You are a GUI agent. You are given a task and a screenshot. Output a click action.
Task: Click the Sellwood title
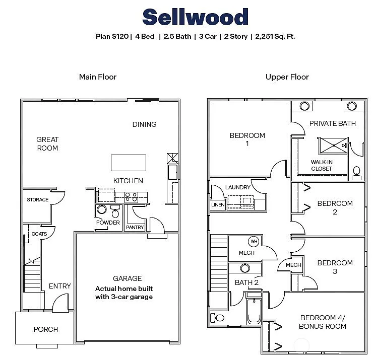tap(196, 17)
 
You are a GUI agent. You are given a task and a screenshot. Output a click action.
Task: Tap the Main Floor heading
tap(98, 77)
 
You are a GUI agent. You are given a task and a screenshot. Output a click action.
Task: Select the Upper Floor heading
tap(287, 77)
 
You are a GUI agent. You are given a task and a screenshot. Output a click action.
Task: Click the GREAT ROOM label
tap(47, 143)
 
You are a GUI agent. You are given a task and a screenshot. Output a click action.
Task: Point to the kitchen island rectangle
tap(129, 163)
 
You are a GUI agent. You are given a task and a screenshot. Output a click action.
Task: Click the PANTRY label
tap(135, 228)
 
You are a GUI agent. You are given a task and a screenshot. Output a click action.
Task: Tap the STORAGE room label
tap(38, 200)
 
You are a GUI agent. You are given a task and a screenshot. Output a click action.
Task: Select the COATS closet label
tap(39, 234)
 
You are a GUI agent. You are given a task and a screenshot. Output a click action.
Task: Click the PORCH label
tap(46, 329)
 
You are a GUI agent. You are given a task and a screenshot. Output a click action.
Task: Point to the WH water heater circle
tap(254, 241)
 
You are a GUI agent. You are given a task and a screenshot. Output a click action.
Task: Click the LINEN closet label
tap(218, 205)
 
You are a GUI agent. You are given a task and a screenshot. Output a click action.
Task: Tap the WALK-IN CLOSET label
tap(322, 165)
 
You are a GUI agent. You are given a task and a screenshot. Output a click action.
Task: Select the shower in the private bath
tap(332, 146)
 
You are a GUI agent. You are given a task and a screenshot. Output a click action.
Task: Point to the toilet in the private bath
tap(357, 173)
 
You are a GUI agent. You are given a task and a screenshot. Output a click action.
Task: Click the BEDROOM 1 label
tap(247, 139)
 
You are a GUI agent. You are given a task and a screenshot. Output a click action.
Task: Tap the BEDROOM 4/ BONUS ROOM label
tap(323, 322)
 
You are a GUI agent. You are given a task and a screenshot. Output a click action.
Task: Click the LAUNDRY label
tap(238, 187)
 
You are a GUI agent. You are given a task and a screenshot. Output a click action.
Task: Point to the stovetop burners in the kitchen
tap(132, 196)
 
